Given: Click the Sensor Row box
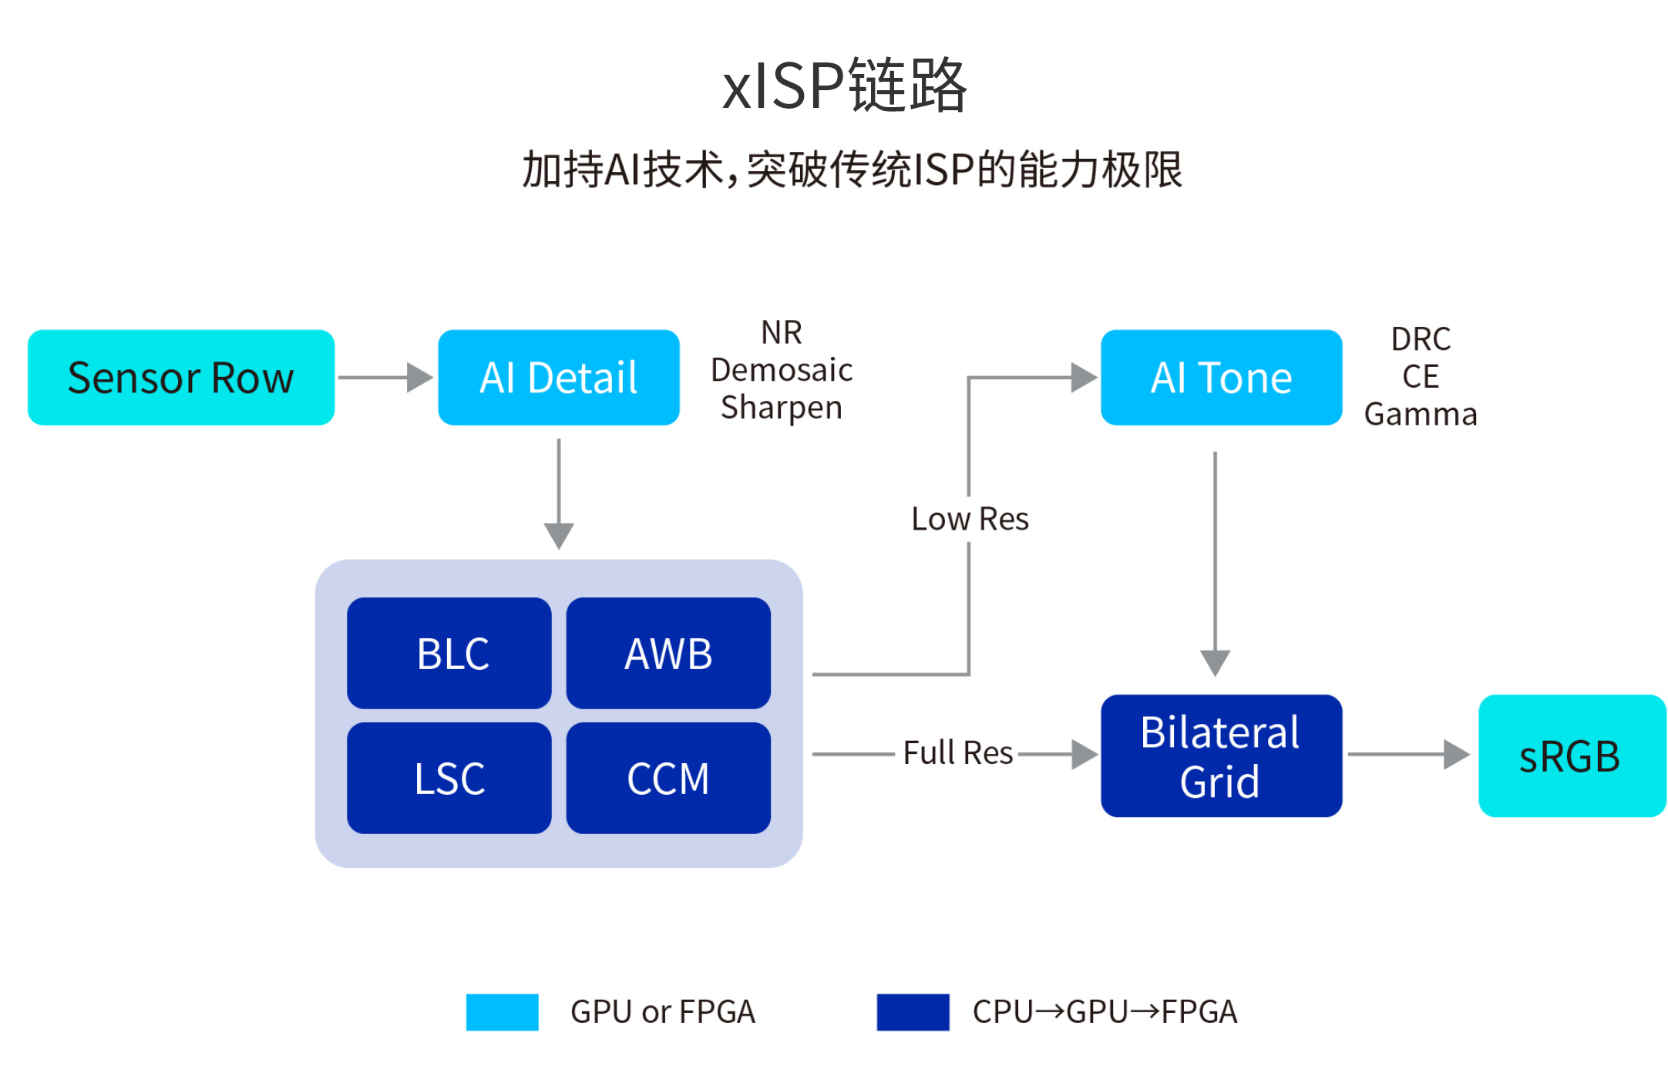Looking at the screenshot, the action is (181, 378).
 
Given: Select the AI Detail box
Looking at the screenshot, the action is (559, 378).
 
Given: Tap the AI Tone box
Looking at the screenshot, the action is (1222, 378).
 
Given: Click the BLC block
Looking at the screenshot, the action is (449, 653).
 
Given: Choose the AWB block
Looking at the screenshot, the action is (668, 653).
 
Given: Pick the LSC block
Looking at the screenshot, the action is (449, 778).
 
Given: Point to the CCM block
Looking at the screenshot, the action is (668, 778).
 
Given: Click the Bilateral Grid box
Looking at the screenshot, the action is (1222, 755).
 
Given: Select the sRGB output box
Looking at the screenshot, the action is (1572, 755).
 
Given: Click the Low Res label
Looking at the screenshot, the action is (970, 519).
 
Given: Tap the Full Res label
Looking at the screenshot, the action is (958, 752).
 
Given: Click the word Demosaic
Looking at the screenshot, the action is (782, 370).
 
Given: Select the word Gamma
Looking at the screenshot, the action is (1421, 415).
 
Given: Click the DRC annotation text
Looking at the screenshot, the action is (1421, 339).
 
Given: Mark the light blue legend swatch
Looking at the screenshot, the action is (503, 1012).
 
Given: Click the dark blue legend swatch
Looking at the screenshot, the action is (913, 1012).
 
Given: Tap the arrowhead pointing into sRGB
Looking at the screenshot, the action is (1456, 754).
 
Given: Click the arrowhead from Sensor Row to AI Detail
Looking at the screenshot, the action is (420, 378).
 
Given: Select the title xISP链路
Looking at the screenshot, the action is (845, 85).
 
